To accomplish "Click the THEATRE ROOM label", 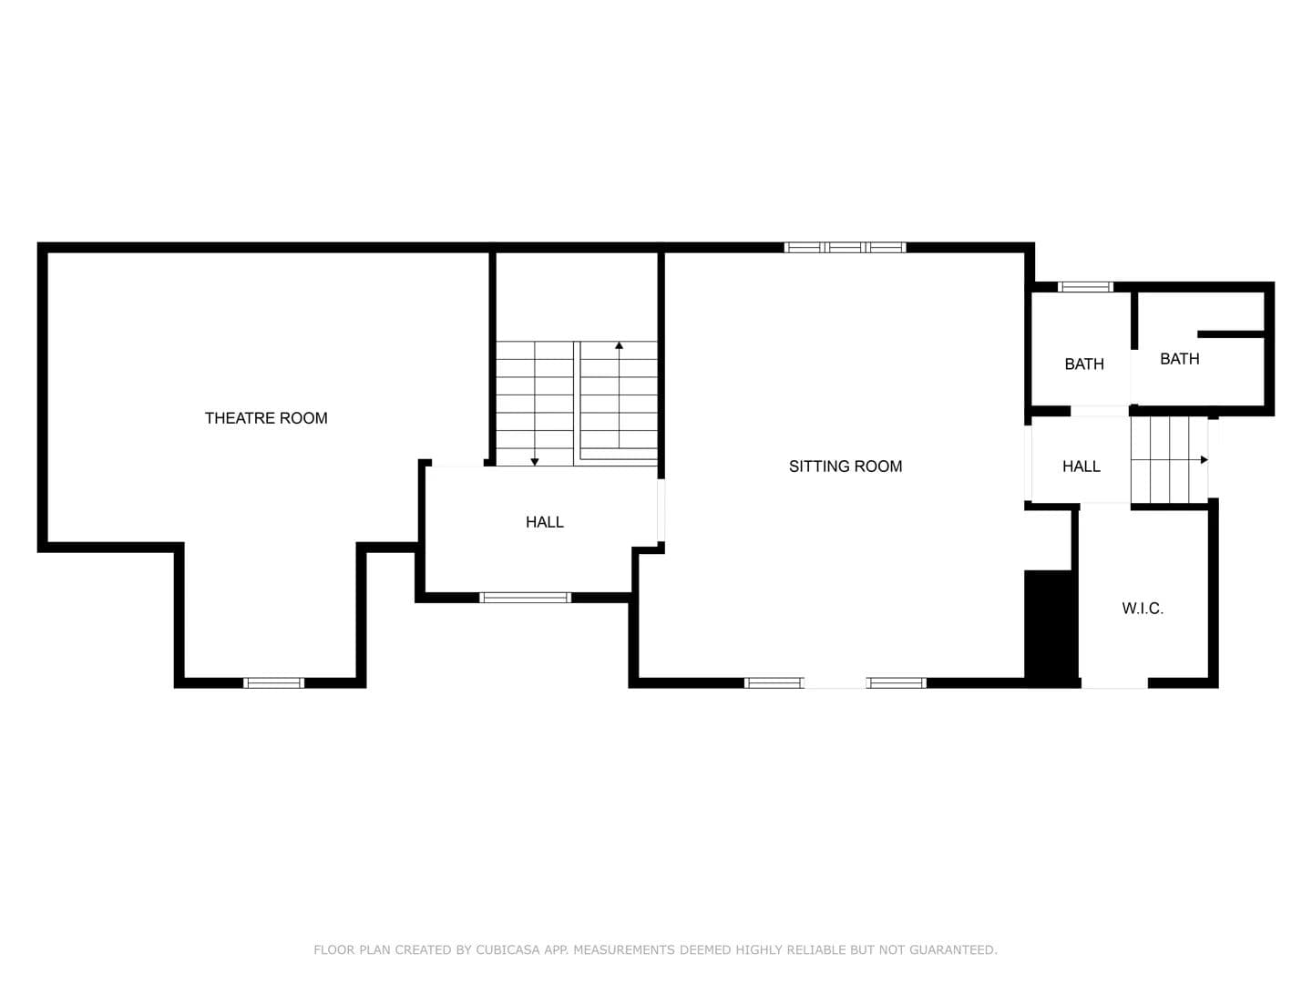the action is point(266,418).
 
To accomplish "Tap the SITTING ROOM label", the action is point(846,466).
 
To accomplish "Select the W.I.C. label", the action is point(1143,609).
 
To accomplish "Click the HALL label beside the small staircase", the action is point(1081,466).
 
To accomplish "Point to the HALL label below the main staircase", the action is point(545,522).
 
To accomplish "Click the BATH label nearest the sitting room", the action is point(1084,364).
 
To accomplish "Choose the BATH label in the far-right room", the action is point(1179,359).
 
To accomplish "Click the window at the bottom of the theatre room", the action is point(273,683).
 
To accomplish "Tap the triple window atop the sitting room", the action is point(846,247).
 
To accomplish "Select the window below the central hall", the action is point(526,598).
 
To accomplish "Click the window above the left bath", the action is point(1085,287).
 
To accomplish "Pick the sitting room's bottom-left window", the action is point(774,683).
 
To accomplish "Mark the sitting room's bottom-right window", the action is point(897,683).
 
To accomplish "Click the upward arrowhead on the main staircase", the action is point(620,345).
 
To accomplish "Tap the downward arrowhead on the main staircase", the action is point(535,462).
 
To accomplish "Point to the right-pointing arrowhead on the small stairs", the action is point(1204,459).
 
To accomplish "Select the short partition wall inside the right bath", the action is point(1231,334).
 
